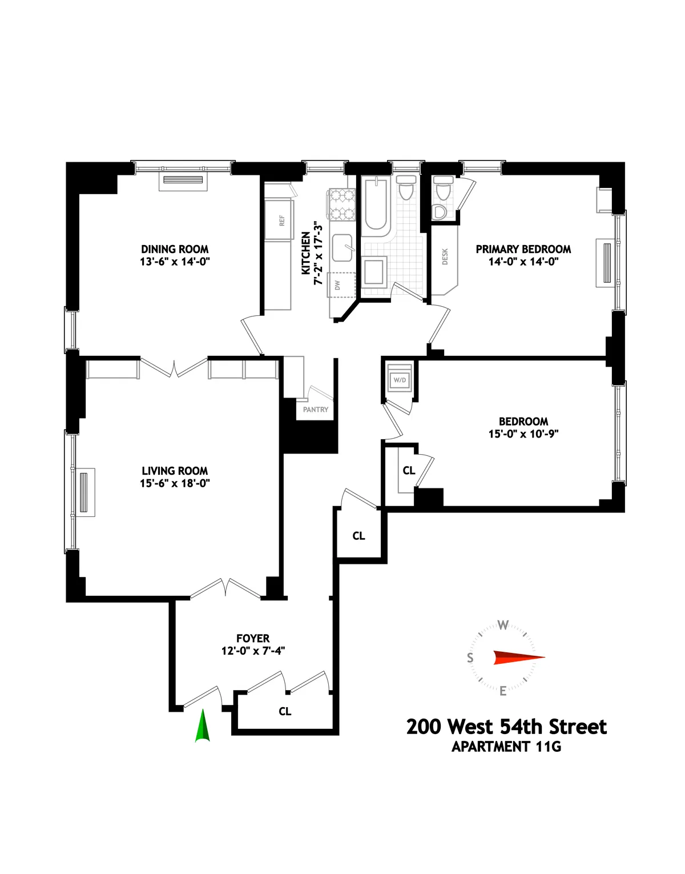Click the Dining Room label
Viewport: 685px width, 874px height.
point(175,249)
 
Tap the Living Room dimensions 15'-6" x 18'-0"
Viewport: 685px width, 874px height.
point(175,483)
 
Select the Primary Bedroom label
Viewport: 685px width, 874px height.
point(523,249)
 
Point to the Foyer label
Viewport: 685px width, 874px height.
point(253,638)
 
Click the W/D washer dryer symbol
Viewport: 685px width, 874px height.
point(400,380)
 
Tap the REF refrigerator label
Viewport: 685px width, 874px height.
point(281,220)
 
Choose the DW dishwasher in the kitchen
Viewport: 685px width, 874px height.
point(338,284)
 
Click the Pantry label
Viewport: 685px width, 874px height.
point(316,410)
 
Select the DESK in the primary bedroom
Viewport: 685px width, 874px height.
point(445,256)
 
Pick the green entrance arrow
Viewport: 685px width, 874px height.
point(202,726)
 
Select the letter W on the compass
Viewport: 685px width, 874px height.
point(503,625)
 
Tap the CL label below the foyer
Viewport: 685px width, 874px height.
point(285,711)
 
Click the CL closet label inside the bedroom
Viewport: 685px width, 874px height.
point(409,471)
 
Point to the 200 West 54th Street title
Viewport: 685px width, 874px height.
point(506,727)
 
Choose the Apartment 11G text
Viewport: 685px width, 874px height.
point(506,747)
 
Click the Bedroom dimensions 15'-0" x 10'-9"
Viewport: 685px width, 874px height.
point(523,434)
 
